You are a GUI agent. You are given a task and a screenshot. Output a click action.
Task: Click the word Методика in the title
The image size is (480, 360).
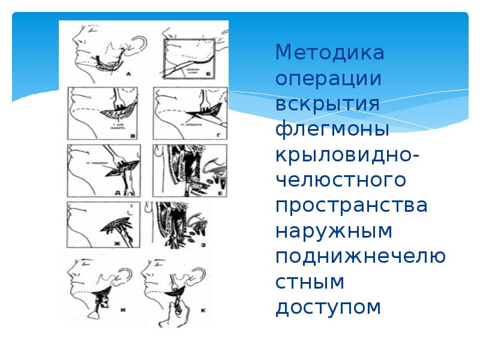coord(329,53)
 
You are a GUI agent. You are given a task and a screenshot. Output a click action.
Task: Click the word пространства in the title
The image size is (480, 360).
coord(351,205)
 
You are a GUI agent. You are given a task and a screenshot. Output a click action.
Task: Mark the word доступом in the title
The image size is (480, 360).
coord(328,307)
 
